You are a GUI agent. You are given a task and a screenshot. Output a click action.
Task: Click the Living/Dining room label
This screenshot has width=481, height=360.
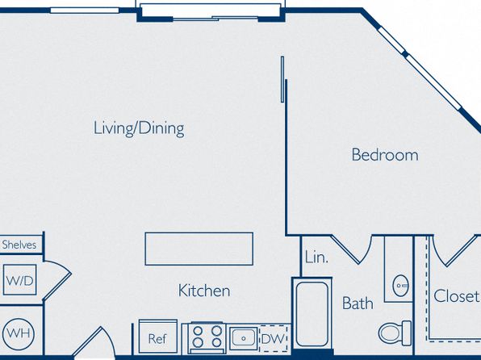[139, 128]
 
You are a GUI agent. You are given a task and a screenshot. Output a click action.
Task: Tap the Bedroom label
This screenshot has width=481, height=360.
[385, 155]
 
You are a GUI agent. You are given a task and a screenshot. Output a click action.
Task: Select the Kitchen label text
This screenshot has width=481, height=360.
[204, 291]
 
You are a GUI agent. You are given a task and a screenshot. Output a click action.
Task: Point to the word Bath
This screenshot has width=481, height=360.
[358, 303]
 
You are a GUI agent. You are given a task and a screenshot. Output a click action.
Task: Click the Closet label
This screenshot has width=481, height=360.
[456, 296]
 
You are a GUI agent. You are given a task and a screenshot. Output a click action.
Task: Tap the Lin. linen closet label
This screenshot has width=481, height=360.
[316, 257]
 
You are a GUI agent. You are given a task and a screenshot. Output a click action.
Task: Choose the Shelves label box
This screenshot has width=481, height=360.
[21, 245]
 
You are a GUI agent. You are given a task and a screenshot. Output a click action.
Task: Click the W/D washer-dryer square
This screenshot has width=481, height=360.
[19, 280]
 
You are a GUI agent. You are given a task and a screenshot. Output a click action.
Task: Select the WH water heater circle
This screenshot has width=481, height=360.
[19, 333]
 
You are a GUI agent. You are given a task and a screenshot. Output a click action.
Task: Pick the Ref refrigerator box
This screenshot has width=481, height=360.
[157, 337]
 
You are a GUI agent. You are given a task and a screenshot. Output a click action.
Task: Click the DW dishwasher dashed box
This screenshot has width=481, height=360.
[273, 338]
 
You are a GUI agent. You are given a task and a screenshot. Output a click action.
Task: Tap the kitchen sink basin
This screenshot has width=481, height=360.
[243, 338]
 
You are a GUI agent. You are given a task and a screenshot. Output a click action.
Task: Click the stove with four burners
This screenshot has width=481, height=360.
[207, 337]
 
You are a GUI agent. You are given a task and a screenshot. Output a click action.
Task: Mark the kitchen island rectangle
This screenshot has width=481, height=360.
[199, 249]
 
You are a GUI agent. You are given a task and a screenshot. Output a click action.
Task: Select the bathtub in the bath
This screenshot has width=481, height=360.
[312, 314]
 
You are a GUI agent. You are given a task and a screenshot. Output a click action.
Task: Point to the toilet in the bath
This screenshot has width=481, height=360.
[395, 333]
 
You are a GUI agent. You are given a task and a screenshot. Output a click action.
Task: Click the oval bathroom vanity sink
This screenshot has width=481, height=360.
[400, 286]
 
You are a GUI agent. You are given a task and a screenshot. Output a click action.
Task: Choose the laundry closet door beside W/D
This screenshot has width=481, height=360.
[58, 280]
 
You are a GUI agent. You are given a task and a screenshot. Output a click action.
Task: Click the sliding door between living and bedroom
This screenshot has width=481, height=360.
[282, 79]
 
